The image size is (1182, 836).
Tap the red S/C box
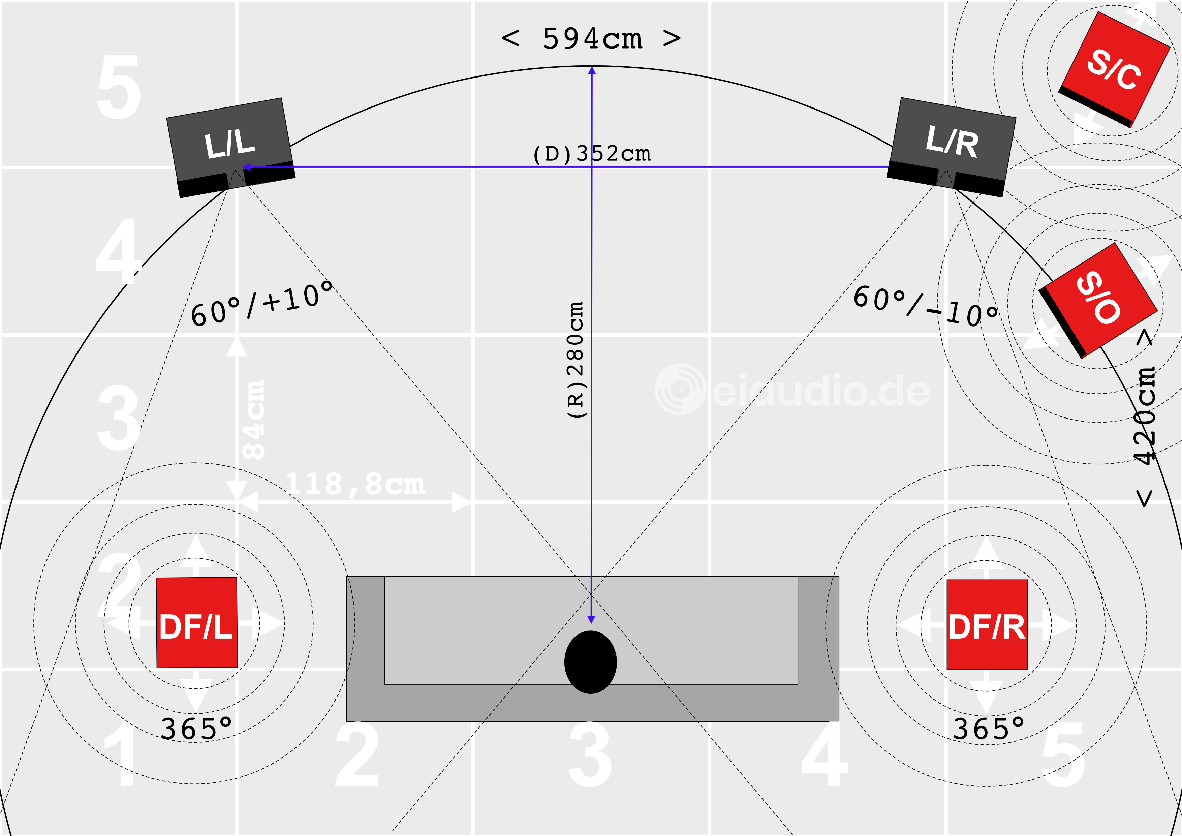[x=1115, y=69]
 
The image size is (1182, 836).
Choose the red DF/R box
[x=987, y=624]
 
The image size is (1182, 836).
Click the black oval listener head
[x=590, y=662]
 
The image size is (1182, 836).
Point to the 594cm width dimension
[x=592, y=39]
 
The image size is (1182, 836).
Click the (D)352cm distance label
[x=592, y=153]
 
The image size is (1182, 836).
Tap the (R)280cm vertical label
[x=575, y=360]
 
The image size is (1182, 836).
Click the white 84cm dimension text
[x=254, y=420]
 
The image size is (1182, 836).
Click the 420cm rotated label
[x=1146, y=417]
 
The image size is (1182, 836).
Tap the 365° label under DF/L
[x=196, y=729]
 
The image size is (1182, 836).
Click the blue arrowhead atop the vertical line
[x=592, y=70]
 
